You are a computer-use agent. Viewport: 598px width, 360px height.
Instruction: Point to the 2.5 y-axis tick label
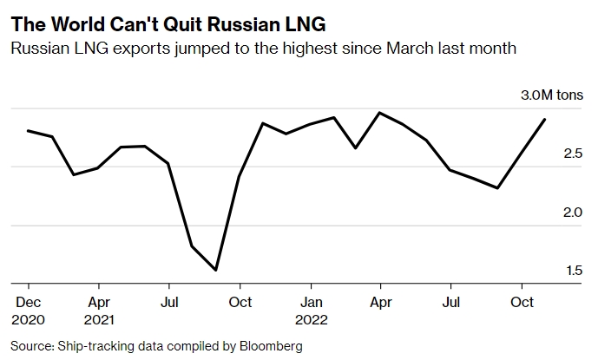573,154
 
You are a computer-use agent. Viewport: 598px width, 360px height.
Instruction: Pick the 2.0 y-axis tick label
573,213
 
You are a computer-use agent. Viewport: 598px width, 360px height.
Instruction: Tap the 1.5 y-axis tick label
573,271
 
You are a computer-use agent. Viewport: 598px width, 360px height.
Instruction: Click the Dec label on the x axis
29,302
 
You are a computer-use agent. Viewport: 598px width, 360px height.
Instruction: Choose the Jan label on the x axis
310,302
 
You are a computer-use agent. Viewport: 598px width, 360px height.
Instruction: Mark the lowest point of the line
214,271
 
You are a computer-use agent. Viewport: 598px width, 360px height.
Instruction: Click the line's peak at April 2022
379,113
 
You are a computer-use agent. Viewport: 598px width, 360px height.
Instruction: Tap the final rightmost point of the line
544,119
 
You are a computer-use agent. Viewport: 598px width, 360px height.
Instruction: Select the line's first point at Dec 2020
29,131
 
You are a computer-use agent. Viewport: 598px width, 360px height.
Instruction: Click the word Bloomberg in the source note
273,346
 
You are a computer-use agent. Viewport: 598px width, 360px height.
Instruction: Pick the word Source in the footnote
30,346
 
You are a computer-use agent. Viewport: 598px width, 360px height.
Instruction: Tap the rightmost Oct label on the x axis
521,302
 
